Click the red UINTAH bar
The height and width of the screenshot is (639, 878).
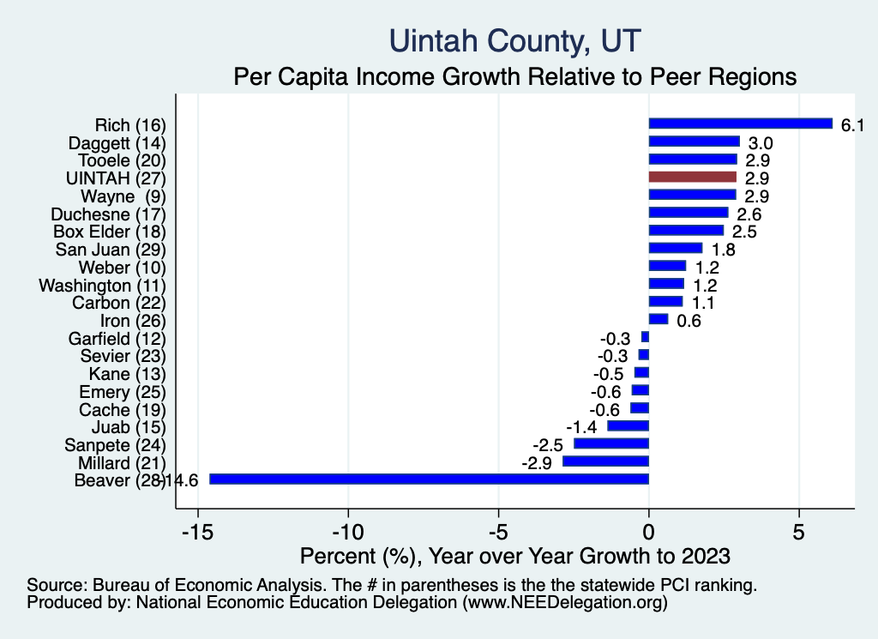click(692, 178)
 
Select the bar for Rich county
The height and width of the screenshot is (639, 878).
click(740, 124)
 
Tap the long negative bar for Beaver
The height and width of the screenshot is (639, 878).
click(429, 479)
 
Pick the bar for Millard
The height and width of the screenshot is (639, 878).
click(605, 461)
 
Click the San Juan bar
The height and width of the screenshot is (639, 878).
click(675, 249)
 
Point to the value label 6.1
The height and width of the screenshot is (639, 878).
click(851, 125)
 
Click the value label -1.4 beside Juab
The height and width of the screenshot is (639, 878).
click(580, 427)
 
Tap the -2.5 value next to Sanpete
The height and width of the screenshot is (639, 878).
click(547, 445)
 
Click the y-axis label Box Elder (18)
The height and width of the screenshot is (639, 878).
click(109, 232)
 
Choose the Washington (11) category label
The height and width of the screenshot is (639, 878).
click(102, 285)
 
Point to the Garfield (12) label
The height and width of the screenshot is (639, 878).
click(117, 339)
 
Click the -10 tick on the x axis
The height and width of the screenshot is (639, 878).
click(348, 532)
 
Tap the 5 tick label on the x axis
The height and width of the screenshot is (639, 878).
click(799, 532)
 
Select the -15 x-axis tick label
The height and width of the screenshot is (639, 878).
click(197, 532)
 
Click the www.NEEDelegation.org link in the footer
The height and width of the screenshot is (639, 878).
click(563, 603)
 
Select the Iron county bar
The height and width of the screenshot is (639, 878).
click(658, 319)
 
